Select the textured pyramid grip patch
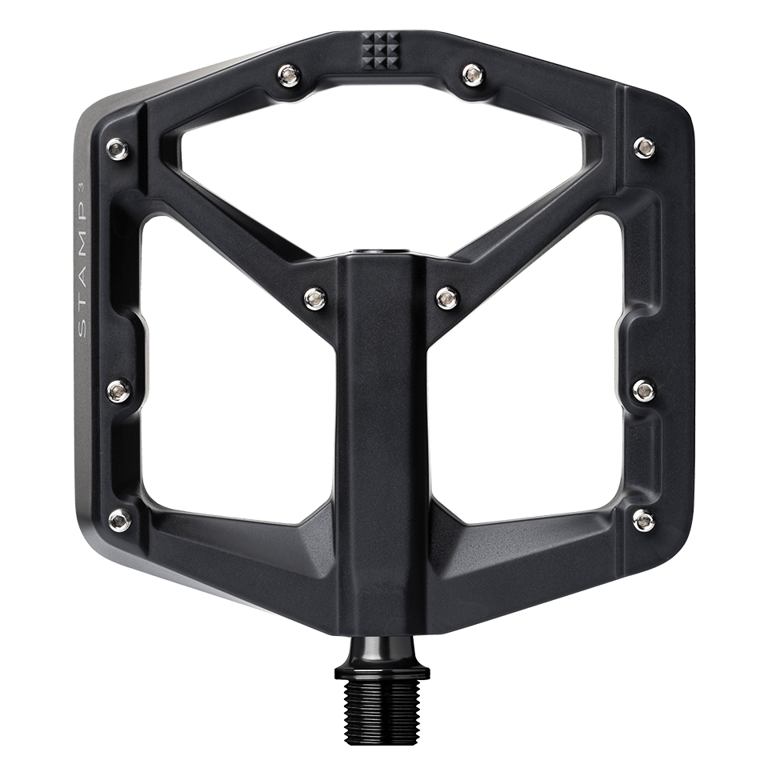(382, 50)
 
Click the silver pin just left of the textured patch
(287, 75)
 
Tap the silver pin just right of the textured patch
(470, 74)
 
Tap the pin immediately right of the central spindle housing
(444, 297)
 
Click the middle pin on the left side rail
(118, 390)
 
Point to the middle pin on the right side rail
(642, 390)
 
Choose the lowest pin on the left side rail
(120, 518)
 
